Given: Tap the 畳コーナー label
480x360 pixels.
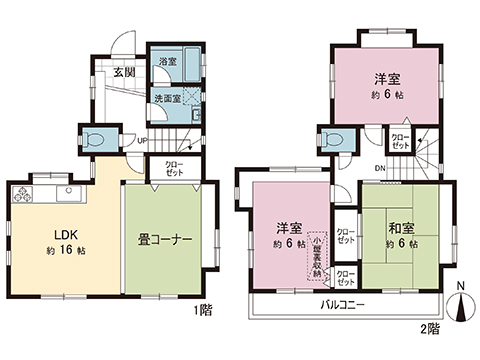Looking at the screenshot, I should (164, 239).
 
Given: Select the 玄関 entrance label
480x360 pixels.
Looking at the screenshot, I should (124, 72).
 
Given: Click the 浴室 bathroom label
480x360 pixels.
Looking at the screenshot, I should (165, 62).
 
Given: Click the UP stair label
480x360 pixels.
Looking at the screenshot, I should (143, 139).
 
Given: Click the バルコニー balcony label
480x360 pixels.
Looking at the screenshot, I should (342, 302).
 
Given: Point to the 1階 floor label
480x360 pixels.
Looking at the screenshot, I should (202, 311).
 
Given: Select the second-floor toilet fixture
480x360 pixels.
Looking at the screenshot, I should (335, 142).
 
